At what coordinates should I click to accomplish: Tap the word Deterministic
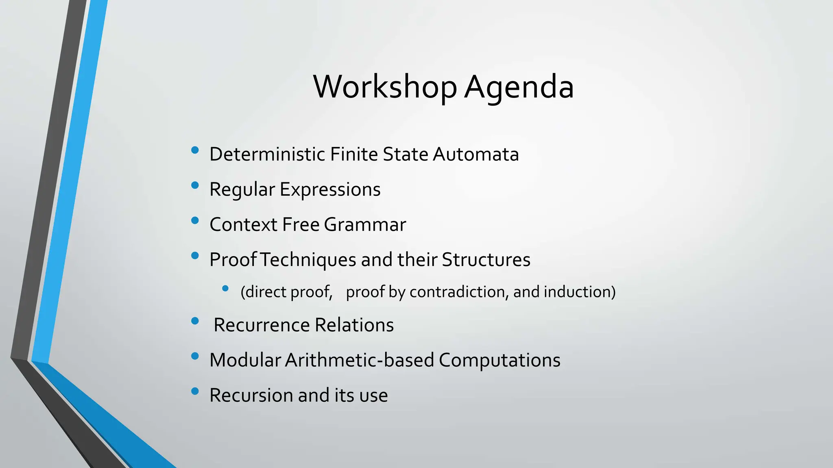(x=267, y=154)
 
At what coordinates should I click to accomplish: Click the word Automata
(x=475, y=154)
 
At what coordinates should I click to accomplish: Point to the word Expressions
(x=330, y=189)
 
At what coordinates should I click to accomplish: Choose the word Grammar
(x=365, y=225)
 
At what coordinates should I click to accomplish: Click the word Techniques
(x=308, y=260)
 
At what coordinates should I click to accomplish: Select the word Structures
(x=486, y=260)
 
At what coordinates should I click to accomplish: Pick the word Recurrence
(x=262, y=325)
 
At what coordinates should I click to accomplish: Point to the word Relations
(x=354, y=325)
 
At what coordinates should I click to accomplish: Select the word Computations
(x=499, y=360)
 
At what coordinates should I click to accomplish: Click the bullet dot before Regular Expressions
(x=195, y=185)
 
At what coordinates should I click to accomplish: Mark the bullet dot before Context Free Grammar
(x=195, y=221)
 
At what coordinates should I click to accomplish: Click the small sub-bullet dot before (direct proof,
(x=225, y=288)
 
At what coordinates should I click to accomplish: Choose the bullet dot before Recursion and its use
(x=195, y=391)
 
